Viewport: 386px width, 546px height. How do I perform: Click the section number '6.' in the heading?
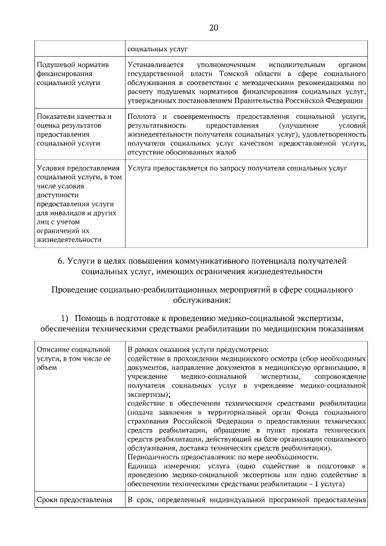(x=62, y=261)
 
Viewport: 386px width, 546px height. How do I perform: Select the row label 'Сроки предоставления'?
(x=74, y=500)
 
